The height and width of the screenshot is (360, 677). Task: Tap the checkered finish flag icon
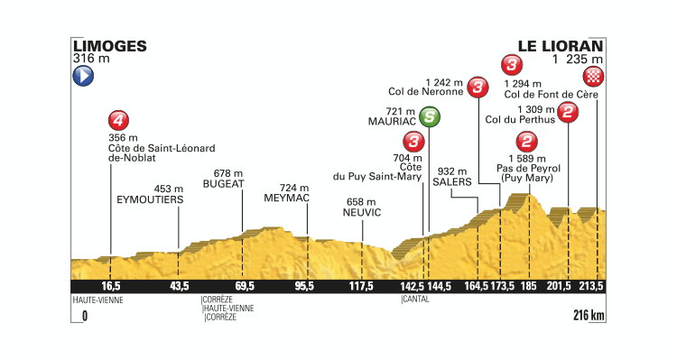594,75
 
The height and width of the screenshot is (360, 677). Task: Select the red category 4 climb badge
116,119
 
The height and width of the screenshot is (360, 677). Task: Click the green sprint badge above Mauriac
431,116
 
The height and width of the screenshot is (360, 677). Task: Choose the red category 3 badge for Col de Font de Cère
511,65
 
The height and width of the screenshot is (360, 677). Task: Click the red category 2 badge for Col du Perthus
569,112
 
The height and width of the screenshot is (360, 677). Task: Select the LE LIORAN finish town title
561,44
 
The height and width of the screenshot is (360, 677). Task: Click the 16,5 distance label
110,287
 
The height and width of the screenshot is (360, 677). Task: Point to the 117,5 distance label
361,287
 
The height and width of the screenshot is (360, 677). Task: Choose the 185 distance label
529,287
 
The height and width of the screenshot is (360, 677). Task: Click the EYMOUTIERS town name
150,199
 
